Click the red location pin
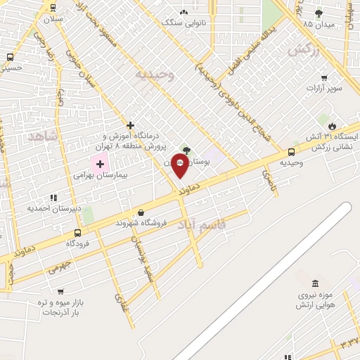tap(180, 166)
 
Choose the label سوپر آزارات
tap(323, 89)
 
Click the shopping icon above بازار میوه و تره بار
tap(60, 291)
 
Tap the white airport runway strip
tap(267, 281)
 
